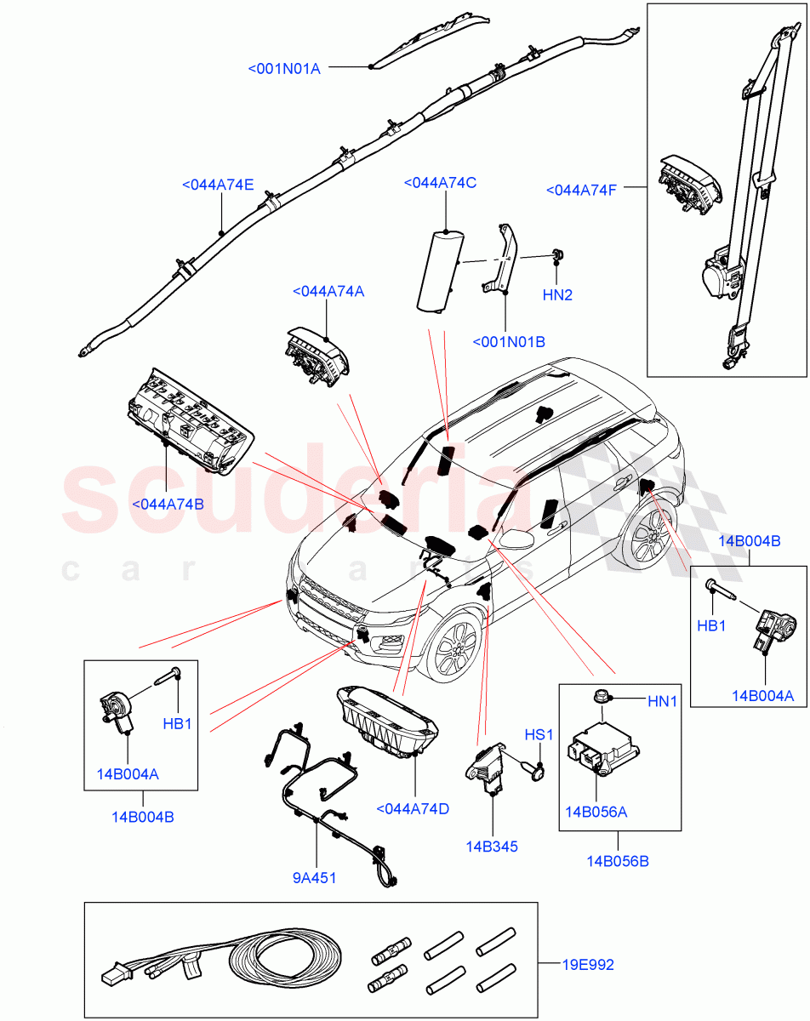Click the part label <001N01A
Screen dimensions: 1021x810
284,68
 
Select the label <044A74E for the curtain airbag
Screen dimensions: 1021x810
217,184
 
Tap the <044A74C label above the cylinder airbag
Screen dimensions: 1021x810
440,183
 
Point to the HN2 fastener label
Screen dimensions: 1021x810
557,295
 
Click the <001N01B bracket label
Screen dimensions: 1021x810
509,342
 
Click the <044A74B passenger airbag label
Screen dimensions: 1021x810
168,504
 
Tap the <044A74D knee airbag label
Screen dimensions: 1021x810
412,808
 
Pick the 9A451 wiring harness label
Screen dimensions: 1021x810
315,877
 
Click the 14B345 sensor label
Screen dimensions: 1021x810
492,847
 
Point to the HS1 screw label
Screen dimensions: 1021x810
539,734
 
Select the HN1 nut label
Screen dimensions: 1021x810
662,701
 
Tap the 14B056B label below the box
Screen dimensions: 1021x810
618,861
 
